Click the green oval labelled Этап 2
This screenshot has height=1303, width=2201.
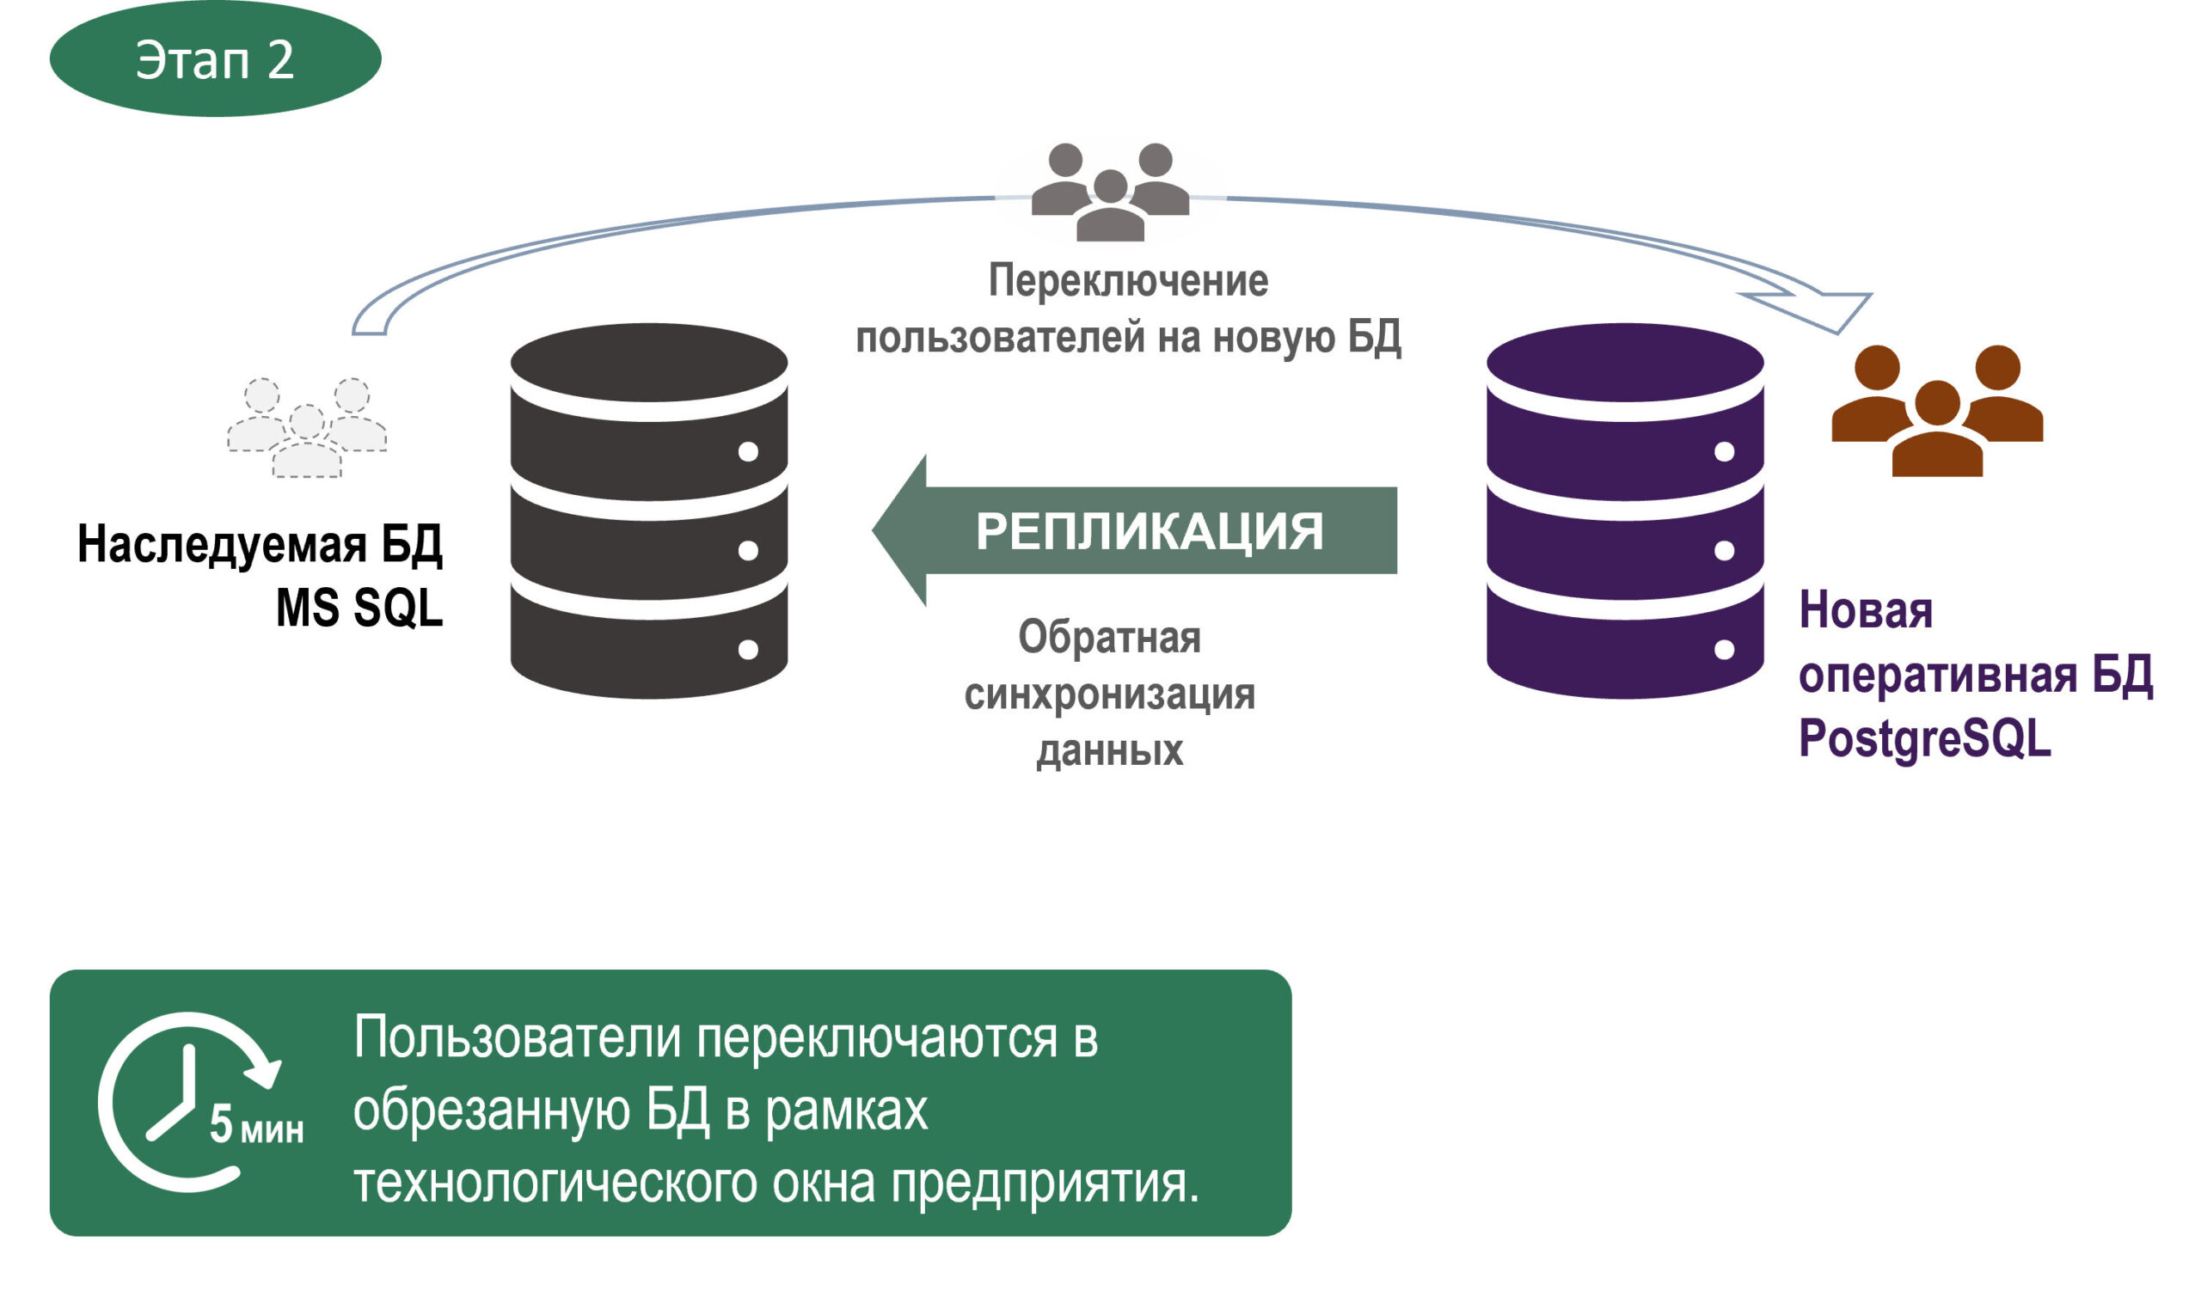pyautogui.click(x=215, y=58)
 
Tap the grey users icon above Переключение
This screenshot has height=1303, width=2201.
pyautogui.click(x=1110, y=192)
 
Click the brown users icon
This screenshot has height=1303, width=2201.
pyautogui.click(x=1937, y=411)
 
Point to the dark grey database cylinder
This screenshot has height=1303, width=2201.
pyautogui.click(x=649, y=511)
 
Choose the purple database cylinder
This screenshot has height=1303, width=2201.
pyautogui.click(x=1625, y=511)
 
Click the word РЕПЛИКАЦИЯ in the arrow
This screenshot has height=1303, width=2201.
pyautogui.click(x=1149, y=531)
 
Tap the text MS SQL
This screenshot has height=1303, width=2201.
pyautogui.click(x=359, y=608)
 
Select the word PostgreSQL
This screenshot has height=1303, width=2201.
pyautogui.click(x=1924, y=738)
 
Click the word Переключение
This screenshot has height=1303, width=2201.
pyautogui.click(x=1129, y=281)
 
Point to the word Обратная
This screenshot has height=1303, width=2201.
pyautogui.click(x=1109, y=637)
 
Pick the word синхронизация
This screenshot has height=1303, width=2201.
pyautogui.click(x=1109, y=694)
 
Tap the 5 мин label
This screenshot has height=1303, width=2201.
pyautogui.click(x=256, y=1124)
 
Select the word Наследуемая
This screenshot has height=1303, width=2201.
pyautogui.click(x=221, y=544)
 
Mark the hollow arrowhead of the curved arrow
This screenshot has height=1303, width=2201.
pyautogui.click(x=1823, y=310)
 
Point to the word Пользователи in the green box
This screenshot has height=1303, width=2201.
pyautogui.click(x=518, y=1037)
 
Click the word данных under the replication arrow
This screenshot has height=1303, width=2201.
pyautogui.click(x=1109, y=751)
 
